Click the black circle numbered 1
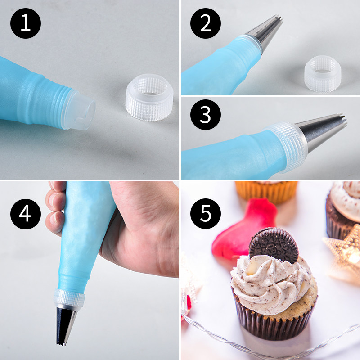point(26,23)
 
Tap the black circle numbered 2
point(206,23)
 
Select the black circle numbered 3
point(206,115)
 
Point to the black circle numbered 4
point(26,214)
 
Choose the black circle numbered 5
point(206,213)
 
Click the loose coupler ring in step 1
point(149,97)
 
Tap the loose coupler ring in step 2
point(323,74)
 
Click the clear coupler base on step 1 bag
point(79,109)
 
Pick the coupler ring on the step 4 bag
point(69,298)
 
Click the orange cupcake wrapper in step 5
point(266,192)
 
